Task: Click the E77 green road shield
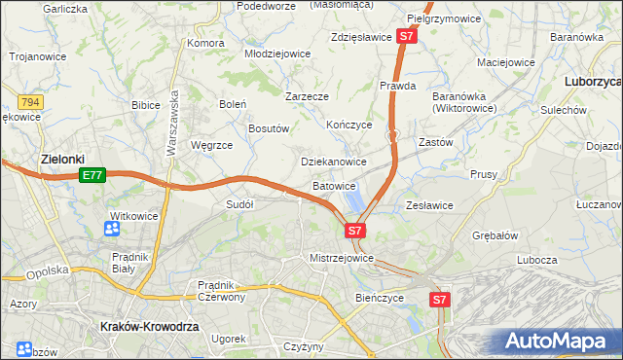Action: (92, 175)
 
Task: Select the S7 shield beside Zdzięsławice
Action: (408, 37)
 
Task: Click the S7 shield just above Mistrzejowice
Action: (355, 231)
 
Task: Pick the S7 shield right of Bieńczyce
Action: (440, 301)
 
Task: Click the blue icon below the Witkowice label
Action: (112, 229)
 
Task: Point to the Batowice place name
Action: (334, 185)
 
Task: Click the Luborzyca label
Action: (593, 84)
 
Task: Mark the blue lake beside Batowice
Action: (355, 200)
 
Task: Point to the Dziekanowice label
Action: (334, 162)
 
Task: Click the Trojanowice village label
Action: (38, 56)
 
